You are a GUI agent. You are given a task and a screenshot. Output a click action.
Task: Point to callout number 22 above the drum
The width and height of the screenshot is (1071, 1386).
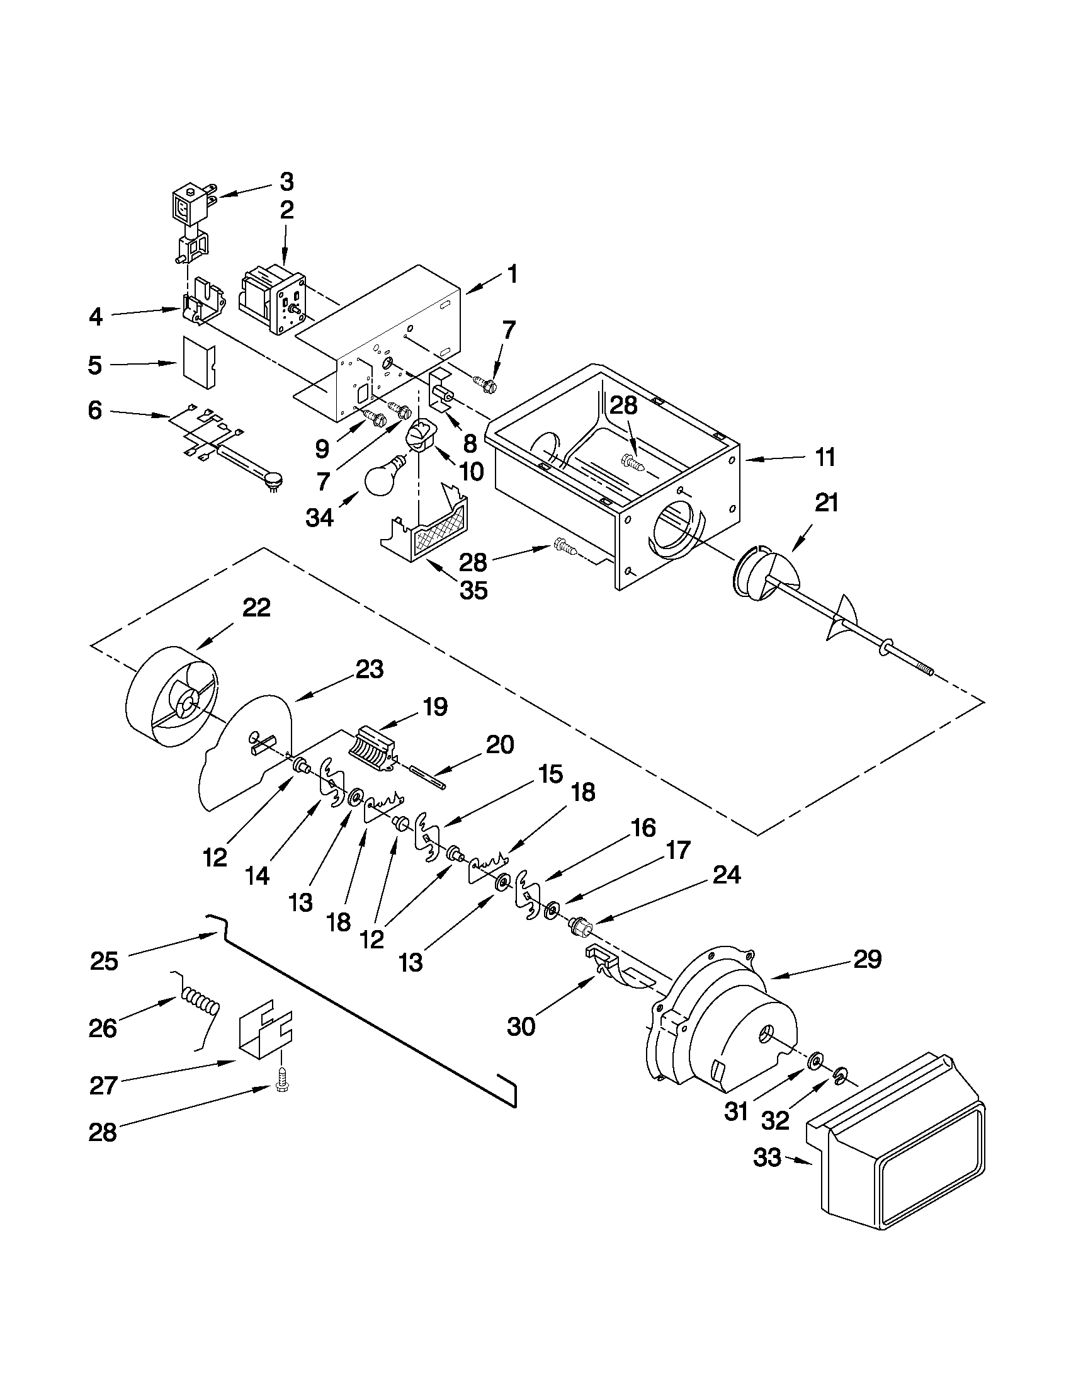256,607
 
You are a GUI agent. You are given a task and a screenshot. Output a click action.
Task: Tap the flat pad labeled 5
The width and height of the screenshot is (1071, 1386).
198,362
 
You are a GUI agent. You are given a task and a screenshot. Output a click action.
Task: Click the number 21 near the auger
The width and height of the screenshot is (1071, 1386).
825,503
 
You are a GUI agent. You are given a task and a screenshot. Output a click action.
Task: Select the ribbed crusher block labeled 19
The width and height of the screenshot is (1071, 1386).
373,749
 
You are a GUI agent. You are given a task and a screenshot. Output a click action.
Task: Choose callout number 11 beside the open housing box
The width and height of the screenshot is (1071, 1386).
825,457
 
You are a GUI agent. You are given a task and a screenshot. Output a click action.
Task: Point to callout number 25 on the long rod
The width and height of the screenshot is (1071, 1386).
104,962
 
